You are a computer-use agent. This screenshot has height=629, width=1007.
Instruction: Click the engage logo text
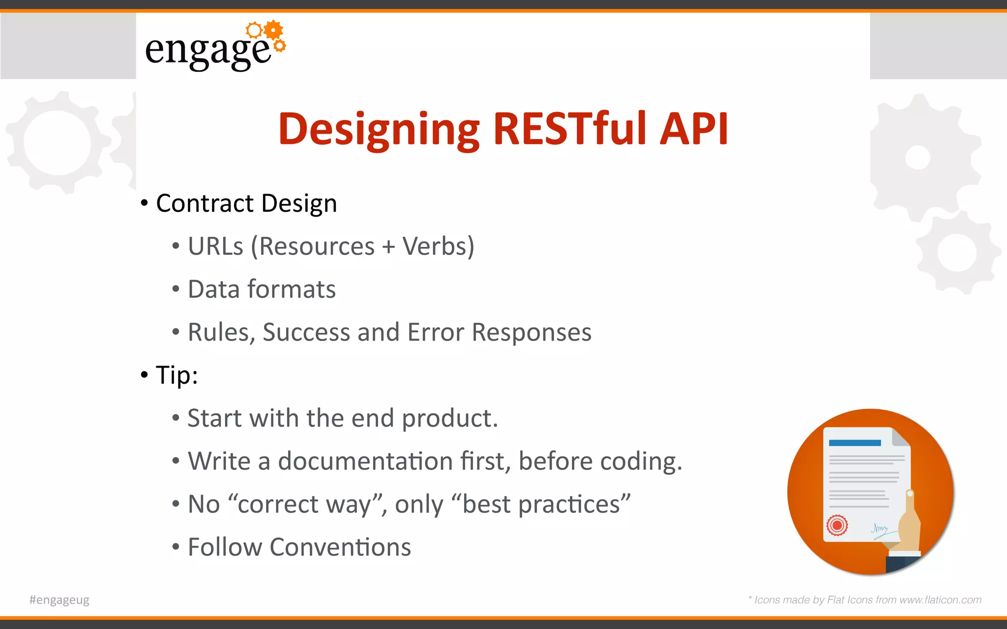pyautogui.click(x=207, y=51)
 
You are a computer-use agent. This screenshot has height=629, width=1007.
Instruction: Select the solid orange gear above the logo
pyautogui.click(x=273, y=30)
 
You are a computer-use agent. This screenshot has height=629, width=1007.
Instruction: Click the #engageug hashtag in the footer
pyautogui.click(x=59, y=600)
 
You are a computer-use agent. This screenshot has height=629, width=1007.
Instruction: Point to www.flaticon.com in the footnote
pyautogui.click(x=940, y=600)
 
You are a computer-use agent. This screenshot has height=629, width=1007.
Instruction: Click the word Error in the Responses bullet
pyautogui.click(x=435, y=332)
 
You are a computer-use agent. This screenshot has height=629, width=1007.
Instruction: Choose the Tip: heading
pyautogui.click(x=177, y=375)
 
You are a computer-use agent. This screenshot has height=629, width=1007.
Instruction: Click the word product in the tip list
pyautogui.click(x=449, y=419)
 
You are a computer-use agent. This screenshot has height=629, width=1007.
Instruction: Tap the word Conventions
pyautogui.click(x=340, y=547)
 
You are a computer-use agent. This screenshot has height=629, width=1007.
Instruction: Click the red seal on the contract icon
pyautogui.click(x=837, y=525)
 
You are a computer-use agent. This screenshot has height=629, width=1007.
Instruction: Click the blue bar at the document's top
pyautogui.click(x=855, y=443)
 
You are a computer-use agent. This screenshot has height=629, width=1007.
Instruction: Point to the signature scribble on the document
pyautogui.click(x=880, y=530)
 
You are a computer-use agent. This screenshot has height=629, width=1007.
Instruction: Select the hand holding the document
pyautogui.click(x=909, y=526)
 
